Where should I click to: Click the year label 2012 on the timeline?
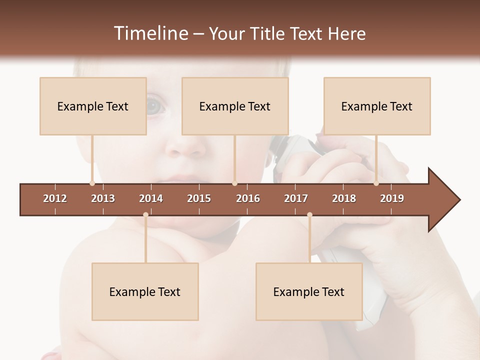(55, 198)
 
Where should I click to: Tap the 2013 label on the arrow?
(103, 198)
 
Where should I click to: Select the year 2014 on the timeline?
(151, 198)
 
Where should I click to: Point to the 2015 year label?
(199, 198)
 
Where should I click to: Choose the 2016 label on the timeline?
(248, 198)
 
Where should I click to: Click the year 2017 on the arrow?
(296, 198)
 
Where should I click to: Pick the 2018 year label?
(344, 198)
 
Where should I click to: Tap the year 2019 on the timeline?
(392, 198)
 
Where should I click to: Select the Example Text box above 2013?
(93, 106)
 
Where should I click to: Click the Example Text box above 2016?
(235, 106)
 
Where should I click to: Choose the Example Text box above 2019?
(377, 106)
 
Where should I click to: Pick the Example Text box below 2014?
(145, 291)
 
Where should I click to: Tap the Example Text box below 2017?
(309, 291)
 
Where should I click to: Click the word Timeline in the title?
(150, 33)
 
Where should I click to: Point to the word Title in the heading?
(269, 33)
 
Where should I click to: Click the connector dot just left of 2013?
(92, 183)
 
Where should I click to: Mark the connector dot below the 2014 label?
(145, 214)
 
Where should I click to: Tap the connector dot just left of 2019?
(376, 183)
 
